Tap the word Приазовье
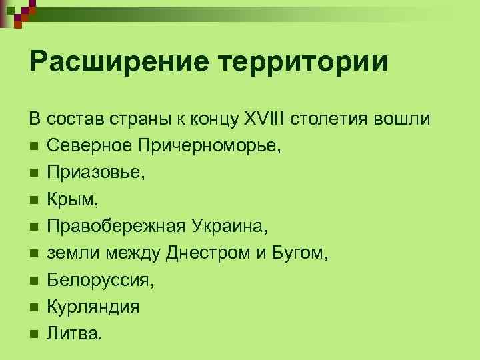94,171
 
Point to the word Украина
228,225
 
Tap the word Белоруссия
100,279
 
